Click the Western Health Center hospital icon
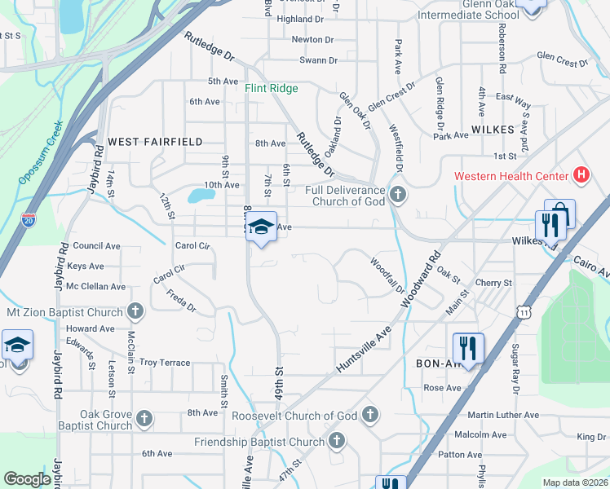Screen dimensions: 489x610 (x=581, y=174)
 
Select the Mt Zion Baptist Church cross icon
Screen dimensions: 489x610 (x=135, y=311)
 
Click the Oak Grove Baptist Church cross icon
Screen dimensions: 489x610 (x=144, y=419)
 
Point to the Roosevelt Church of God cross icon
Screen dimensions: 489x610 (x=369, y=415)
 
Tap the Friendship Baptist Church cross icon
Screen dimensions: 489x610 (x=336, y=443)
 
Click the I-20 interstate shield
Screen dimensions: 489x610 (x=29, y=220)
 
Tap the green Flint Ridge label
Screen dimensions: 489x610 (x=272, y=88)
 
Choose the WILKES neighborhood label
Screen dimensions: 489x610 (x=492, y=130)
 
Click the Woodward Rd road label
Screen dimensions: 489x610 (x=421, y=278)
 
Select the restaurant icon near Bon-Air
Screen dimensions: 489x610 (x=468, y=347)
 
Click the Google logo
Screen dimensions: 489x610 (x=28, y=479)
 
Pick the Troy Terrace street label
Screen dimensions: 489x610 (x=165, y=363)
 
